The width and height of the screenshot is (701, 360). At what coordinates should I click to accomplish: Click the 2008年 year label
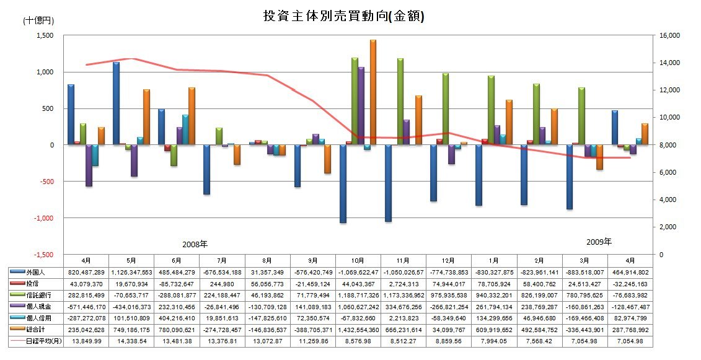tap(195, 244)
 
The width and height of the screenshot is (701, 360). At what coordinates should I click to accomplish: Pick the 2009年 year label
tap(599, 241)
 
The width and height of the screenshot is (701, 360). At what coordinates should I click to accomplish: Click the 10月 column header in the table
tap(358, 260)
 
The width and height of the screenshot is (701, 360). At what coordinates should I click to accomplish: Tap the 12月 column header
tap(449, 260)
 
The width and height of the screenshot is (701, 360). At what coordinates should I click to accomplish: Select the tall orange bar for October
tap(373, 92)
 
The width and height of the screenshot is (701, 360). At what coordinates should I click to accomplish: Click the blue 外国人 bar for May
tap(116, 103)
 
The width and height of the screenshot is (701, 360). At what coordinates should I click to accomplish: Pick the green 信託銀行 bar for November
tap(400, 102)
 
